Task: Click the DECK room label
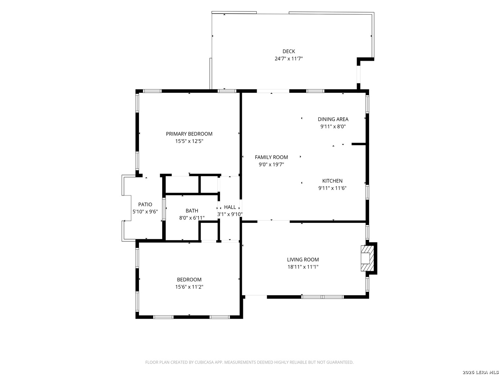click(x=289, y=51)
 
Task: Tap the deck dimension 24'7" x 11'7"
click(x=289, y=59)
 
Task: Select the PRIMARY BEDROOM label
click(x=189, y=134)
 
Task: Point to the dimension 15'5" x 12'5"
click(x=189, y=141)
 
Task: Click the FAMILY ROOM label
click(x=271, y=157)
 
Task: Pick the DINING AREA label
click(x=333, y=119)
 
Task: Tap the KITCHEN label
click(x=332, y=181)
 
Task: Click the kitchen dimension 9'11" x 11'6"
click(x=332, y=188)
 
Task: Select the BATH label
click(x=192, y=210)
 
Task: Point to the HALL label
click(x=230, y=207)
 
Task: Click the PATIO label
click(x=145, y=204)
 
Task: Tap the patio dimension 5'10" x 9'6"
click(x=145, y=211)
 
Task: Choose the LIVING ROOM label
click(x=303, y=259)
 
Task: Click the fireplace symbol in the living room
click(x=367, y=258)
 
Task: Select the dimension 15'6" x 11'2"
click(x=189, y=287)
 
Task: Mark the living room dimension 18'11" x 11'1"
click(x=303, y=267)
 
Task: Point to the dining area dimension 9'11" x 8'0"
click(x=333, y=126)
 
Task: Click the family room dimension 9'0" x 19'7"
click(x=271, y=164)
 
